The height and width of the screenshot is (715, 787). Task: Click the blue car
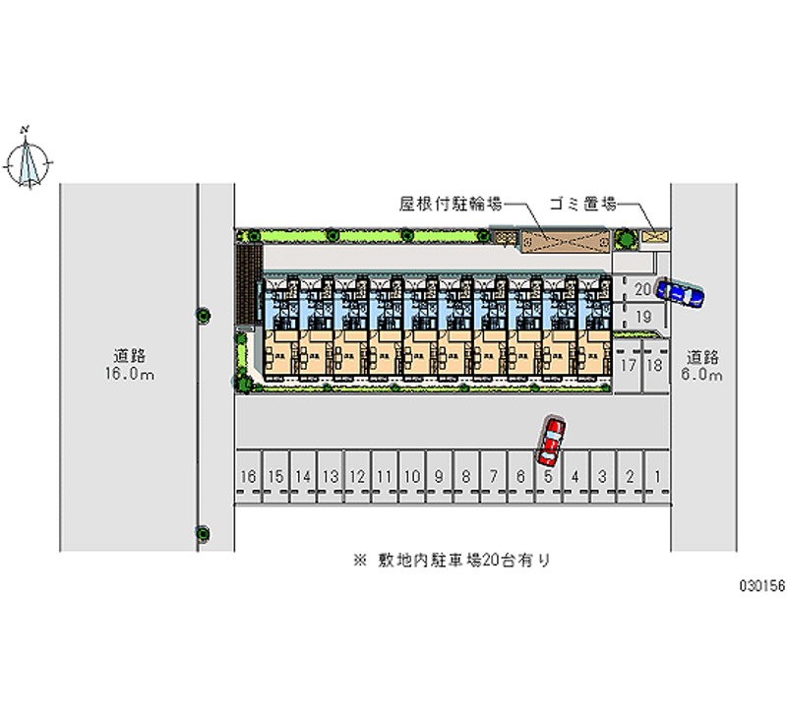click(680, 292)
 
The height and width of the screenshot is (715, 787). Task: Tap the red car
click(551, 441)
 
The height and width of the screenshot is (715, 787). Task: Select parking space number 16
click(248, 477)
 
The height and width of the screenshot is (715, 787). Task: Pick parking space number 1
click(657, 477)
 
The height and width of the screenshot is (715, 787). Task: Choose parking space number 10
click(412, 477)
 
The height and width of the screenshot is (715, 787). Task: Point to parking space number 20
click(641, 289)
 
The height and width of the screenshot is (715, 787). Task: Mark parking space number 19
click(641, 316)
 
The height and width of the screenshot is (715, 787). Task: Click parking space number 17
click(628, 365)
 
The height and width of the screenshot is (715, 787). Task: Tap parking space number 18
click(653, 365)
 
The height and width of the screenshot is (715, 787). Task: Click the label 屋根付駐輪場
click(452, 205)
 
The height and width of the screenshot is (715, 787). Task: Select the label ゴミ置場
click(584, 205)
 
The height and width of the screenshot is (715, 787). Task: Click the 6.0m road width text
click(703, 375)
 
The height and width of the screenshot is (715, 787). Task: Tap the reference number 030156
click(761, 584)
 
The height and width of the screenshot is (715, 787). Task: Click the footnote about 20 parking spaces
click(452, 561)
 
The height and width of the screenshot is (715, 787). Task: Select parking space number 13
click(331, 477)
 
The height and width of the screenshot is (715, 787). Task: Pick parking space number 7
click(494, 477)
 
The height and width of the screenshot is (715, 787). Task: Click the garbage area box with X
click(654, 237)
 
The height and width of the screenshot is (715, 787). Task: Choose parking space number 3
click(602, 477)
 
